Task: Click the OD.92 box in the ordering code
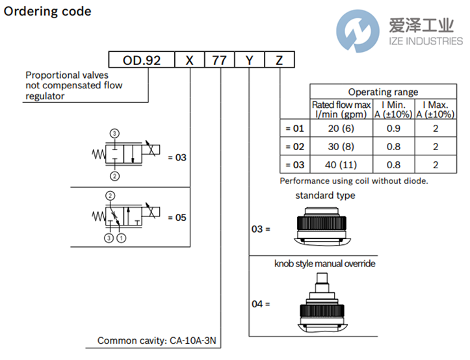[142, 61]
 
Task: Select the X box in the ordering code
[190, 61]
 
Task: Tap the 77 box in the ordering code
[220, 61]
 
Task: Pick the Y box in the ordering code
[250, 61]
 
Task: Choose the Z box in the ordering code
[280, 61]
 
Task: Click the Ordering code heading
[47, 12]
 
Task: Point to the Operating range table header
[383, 92]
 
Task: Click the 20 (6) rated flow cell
[342, 128]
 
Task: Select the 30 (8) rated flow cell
[342, 147]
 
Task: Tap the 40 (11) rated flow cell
[342, 165]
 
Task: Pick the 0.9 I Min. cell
[393, 128]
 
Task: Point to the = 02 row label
[294, 147]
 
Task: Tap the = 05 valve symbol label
[177, 218]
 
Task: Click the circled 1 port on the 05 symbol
[120, 238]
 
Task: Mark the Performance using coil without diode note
[354, 181]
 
